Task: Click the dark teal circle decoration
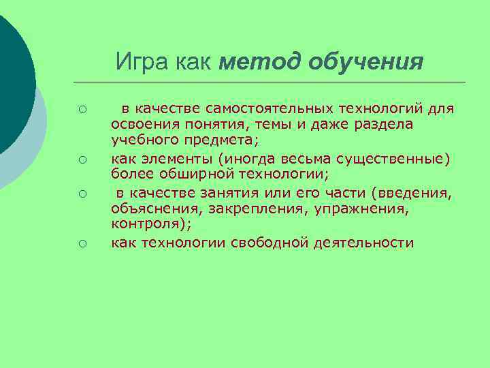tap(10, 75)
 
